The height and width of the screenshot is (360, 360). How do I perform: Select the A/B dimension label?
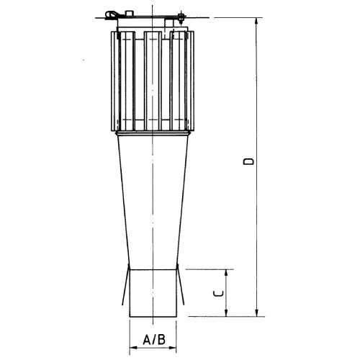pyautogui.click(x=153, y=339)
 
